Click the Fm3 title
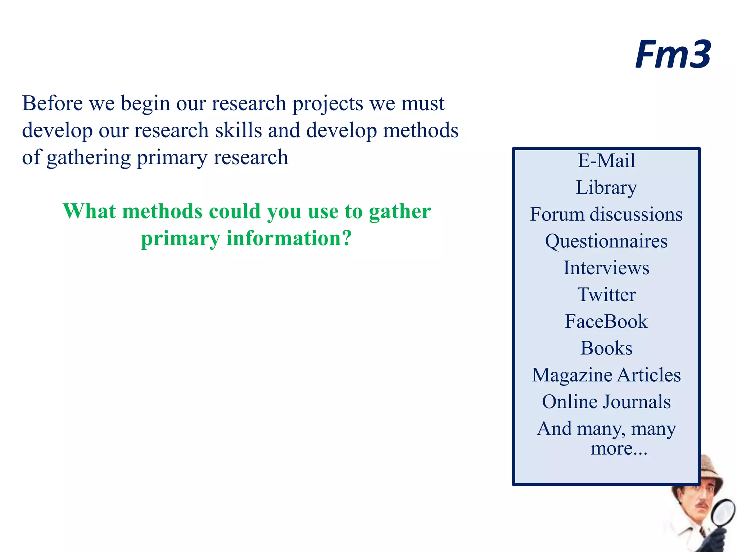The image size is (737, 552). pyautogui.click(x=672, y=55)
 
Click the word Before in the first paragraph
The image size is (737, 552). pyautogui.click(x=53, y=103)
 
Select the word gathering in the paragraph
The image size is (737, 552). pyautogui.click(x=89, y=158)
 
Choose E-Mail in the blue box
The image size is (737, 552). pyautogui.click(x=606, y=160)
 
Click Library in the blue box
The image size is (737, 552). pyautogui.click(x=606, y=188)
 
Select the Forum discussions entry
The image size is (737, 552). pyautogui.click(x=606, y=214)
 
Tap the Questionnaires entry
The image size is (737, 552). pyautogui.click(x=606, y=241)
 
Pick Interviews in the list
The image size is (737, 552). pyautogui.click(x=606, y=268)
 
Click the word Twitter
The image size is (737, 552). pyautogui.click(x=606, y=295)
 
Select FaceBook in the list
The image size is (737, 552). pyautogui.click(x=606, y=321)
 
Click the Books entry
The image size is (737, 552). pyautogui.click(x=606, y=348)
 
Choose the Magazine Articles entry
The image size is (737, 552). pyautogui.click(x=606, y=375)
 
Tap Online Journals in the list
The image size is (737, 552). pyautogui.click(x=606, y=402)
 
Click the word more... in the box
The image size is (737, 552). pyautogui.click(x=619, y=448)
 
